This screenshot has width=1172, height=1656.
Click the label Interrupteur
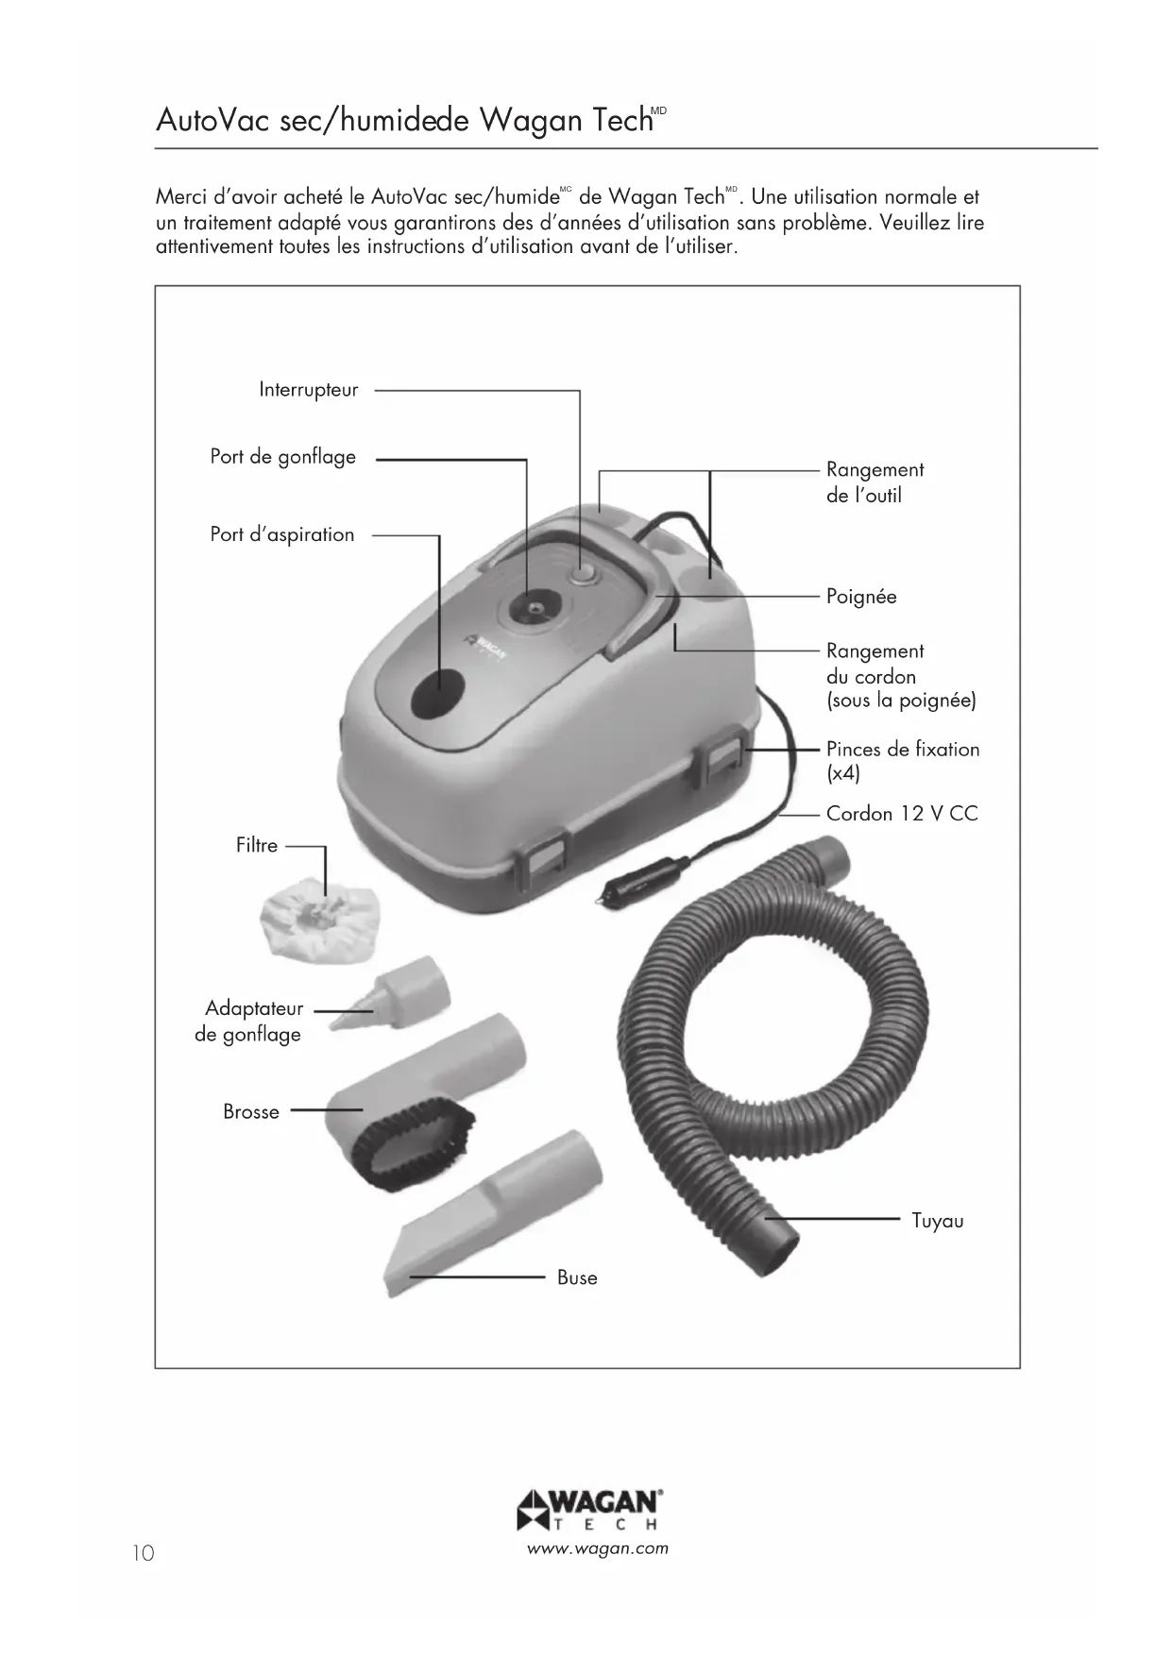pos(309,390)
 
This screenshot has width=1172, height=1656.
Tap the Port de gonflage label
pos(282,457)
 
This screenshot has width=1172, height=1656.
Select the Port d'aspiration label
pos(281,534)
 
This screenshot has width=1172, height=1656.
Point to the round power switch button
pos(580,574)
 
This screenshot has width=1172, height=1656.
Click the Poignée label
pos(860,597)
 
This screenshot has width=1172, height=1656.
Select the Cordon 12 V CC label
pos(902,814)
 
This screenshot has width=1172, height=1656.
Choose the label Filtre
pos(257,846)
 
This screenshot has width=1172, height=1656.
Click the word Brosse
pos(251,1112)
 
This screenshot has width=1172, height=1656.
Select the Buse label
pos(577,1278)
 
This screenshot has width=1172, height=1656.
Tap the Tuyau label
pos(937,1221)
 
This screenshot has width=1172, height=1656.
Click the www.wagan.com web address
pos(598,1548)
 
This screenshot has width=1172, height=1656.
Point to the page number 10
pos(143,1553)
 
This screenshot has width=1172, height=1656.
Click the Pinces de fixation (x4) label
pos(902,761)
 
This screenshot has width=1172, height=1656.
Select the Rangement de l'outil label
pos(875,482)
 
